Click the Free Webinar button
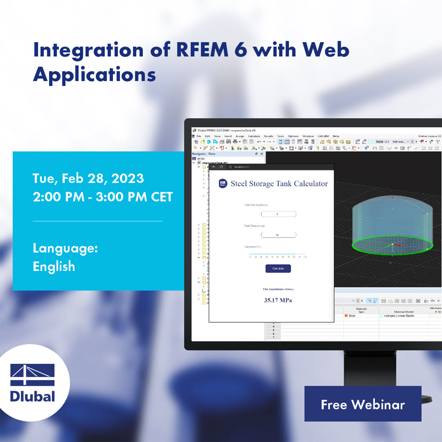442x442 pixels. [363, 404]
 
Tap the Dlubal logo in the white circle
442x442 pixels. [33, 383]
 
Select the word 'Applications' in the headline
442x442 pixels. [94, 74]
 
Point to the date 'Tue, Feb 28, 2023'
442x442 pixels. [88, 178]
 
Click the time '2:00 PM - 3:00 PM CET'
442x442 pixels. [103, 197]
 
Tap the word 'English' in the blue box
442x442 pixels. [54, 266]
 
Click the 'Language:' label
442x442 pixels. [65, 248]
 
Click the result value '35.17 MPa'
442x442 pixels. [278, 300]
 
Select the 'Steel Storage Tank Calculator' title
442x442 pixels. [279, 184]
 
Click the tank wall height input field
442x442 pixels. [278, 214]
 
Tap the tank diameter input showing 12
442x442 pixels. [278, 235]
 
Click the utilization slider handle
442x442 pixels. [294, 254]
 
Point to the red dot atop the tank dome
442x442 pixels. [392, 198]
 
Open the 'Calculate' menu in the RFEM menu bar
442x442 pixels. [254, 136]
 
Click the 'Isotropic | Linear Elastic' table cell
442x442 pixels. [399, 316]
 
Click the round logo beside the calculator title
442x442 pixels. [223, 184]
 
